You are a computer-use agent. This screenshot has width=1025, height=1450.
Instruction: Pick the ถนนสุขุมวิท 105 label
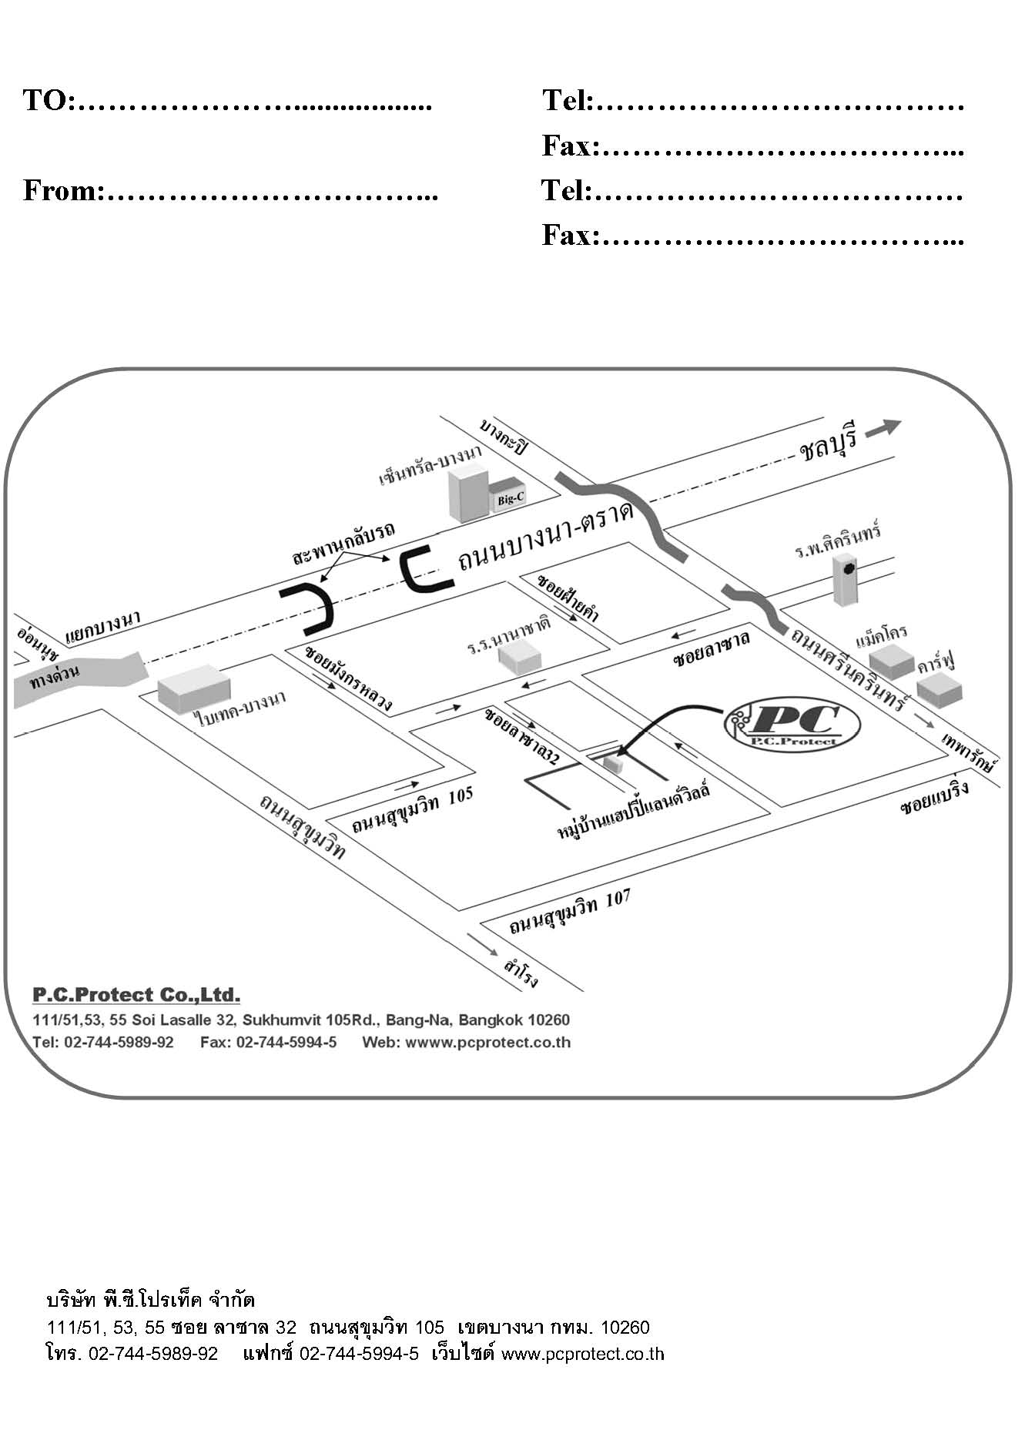[x=413, y=811]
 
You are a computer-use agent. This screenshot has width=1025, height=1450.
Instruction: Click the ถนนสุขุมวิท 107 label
[x=570, y=912]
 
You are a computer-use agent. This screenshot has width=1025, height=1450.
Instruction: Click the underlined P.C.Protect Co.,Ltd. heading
[x=136, y=995]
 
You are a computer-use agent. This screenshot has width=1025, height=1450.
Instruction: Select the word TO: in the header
[x=48, y=100]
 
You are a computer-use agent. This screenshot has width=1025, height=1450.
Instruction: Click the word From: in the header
[x=63, y=190]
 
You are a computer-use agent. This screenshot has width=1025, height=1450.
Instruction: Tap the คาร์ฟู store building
[x=940, y=689]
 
